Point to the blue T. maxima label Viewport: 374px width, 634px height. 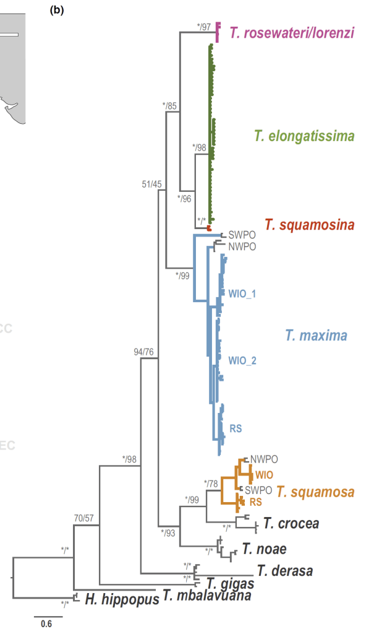316,336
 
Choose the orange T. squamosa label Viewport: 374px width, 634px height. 315,492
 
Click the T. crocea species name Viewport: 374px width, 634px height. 291,524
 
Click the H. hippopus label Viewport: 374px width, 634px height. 118,598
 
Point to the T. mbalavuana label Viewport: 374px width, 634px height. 207,596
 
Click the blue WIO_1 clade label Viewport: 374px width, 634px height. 242,293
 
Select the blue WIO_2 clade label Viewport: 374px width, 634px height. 242,360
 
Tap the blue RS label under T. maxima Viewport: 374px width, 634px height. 236,428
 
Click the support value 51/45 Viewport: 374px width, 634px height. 152,183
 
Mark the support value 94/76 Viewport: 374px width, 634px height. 144,352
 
